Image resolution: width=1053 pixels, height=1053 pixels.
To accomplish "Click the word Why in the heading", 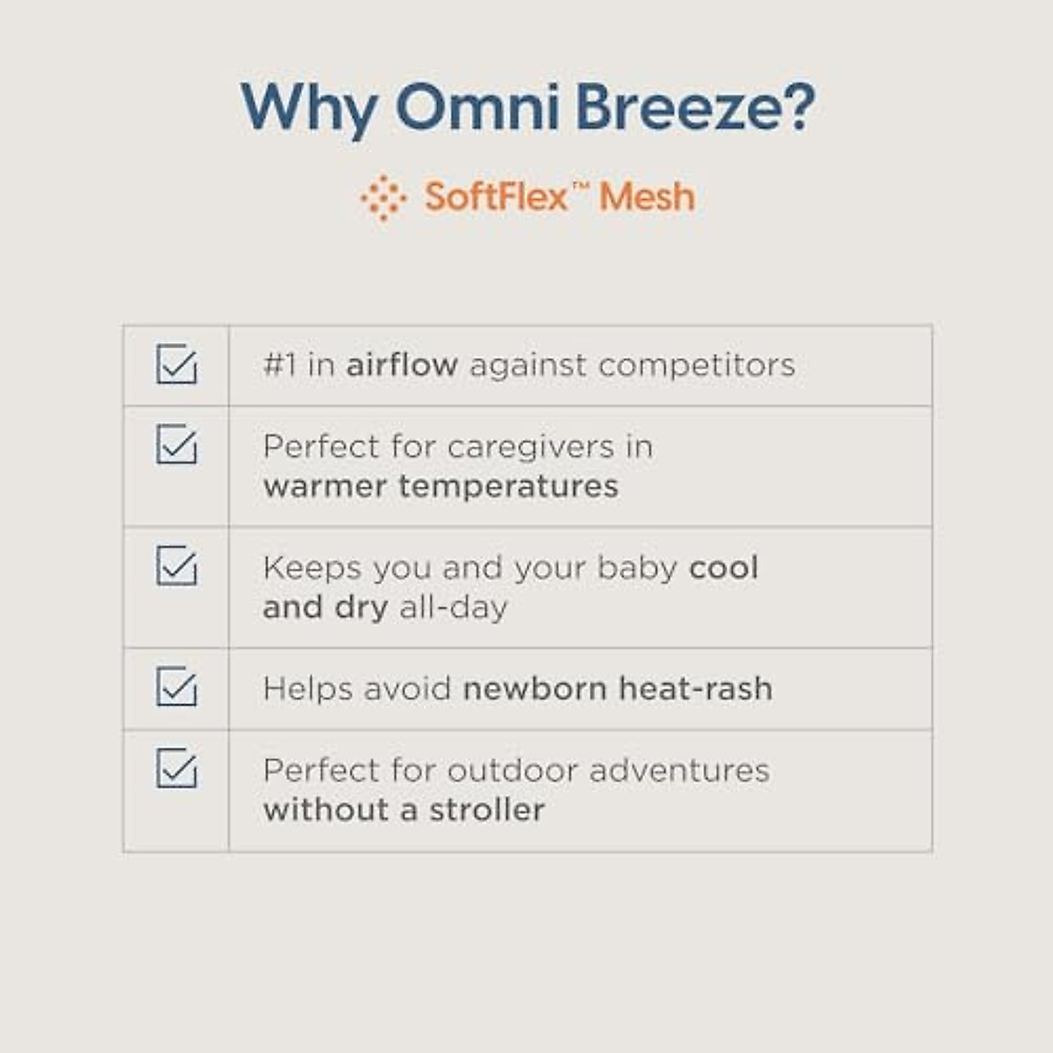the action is pos(309,110).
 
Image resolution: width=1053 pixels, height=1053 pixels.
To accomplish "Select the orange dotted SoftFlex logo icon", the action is pos(383,197).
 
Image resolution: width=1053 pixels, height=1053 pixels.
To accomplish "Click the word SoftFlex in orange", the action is pos(496,197).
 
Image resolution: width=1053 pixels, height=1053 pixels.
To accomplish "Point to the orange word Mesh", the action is pos(648,197).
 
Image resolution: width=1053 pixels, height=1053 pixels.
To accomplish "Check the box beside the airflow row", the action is pos(176,363).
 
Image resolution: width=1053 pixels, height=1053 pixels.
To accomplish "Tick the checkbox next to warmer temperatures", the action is pos(176,444).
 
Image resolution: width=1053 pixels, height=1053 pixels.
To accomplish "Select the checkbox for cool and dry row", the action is pos(176,565).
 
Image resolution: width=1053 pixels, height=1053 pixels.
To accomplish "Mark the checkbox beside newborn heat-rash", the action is pos(176,686).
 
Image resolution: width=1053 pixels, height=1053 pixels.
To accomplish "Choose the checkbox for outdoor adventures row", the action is pos(176,768).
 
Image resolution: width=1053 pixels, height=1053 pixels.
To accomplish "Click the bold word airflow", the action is pos(402,364).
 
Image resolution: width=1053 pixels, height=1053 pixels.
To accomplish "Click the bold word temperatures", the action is pos(508,486).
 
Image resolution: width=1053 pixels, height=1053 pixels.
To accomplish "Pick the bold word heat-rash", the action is pos(696,688).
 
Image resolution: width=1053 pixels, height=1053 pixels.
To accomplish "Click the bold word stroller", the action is pos(487,810).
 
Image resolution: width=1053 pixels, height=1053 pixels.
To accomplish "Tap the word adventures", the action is pos(679,771).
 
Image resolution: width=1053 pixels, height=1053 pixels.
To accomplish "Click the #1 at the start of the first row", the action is pos(280,364).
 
